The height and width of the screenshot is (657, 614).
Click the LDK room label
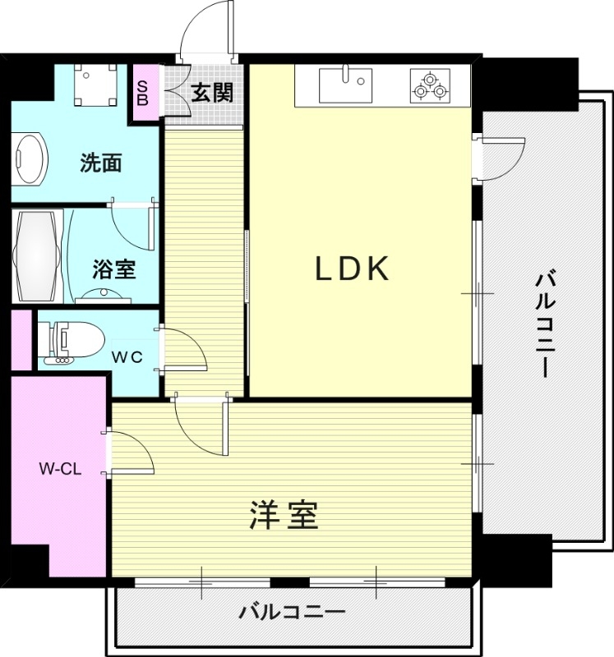click(x=352, y=269)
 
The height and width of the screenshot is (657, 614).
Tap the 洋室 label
click(x=284, y=517)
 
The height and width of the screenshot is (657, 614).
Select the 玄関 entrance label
click(x=212, y=92)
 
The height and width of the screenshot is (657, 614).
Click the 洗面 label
click(x=100, y=163)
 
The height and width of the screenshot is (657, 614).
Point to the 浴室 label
click(x=113, y=268)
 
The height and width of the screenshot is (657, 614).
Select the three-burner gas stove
click(x=431, y=85)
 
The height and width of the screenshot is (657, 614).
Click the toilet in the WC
click(x=73, y=339)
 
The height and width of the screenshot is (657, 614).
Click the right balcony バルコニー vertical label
click(x=544, y=324)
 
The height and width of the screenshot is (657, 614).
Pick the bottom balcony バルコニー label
click(x=292, y=613)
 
